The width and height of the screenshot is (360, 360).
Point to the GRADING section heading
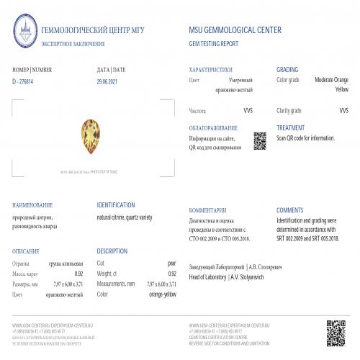pos(288,70)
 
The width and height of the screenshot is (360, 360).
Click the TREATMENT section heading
pos(291,127)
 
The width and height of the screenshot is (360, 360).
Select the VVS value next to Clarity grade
pos(343,112)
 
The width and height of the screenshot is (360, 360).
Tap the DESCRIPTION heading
pos(112,251)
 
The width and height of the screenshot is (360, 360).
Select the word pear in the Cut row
pos(171,264)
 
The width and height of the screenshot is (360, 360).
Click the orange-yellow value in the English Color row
pos(162,294)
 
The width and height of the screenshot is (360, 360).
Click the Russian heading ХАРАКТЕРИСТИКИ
pos(211,70)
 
